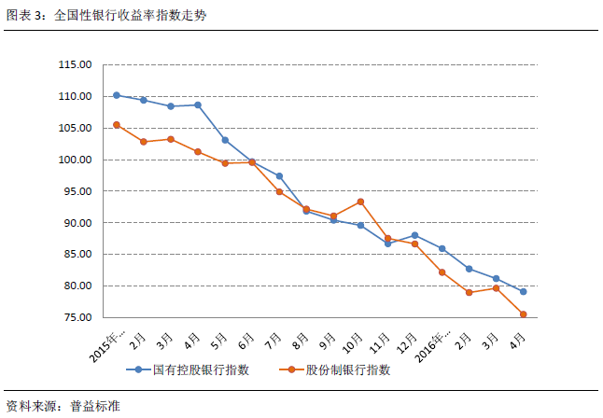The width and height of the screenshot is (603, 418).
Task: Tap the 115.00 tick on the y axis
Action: point(75,65)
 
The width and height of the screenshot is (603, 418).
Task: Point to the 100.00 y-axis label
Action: point(75,160)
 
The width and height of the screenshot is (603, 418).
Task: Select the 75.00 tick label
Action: point(75,318)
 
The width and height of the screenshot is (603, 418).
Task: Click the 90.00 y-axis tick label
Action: point(75,223)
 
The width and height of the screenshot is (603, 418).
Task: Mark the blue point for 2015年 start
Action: point(117,95)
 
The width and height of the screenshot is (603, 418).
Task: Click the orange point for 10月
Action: point(360,202)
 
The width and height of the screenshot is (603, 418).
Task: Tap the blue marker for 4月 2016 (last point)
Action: point(523,292)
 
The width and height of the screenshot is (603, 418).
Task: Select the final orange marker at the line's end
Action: point(523,314)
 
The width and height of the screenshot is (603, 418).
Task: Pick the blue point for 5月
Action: point(225,140)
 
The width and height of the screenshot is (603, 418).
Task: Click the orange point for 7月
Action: point(279,192)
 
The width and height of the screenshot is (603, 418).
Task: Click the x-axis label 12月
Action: point(408,338)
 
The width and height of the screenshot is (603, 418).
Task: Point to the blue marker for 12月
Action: point(414,235)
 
